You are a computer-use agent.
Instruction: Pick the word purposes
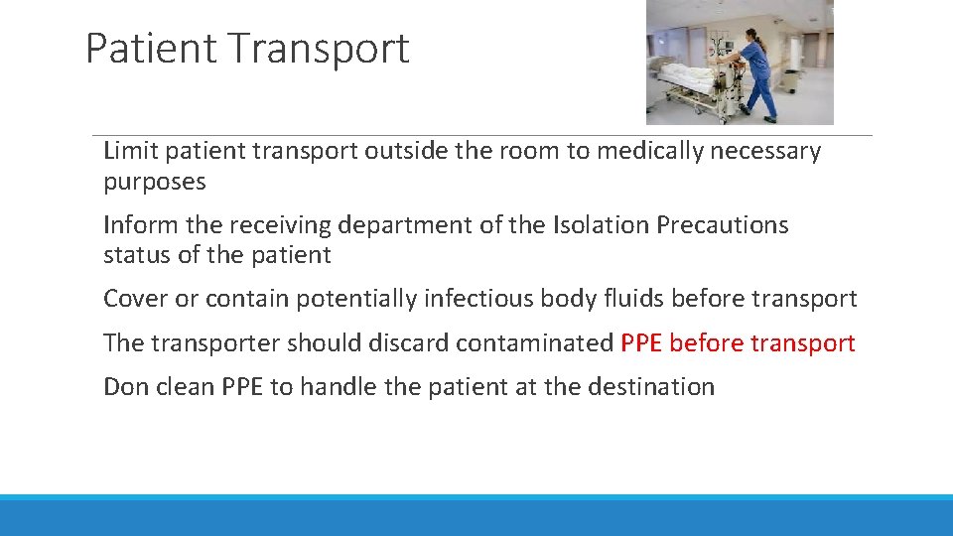pyautogui.click(x=155, y=183)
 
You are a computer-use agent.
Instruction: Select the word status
pyautogui.click(x=137, y=255)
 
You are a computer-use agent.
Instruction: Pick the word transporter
pyautogui.click(x=215, y=343)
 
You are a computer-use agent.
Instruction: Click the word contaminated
pyautogui.click(x=534, y=343)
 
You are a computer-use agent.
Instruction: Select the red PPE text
pyautogui.click(x=641, y=343)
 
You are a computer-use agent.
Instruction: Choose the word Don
pyautogui.click(x=125, y=387)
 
